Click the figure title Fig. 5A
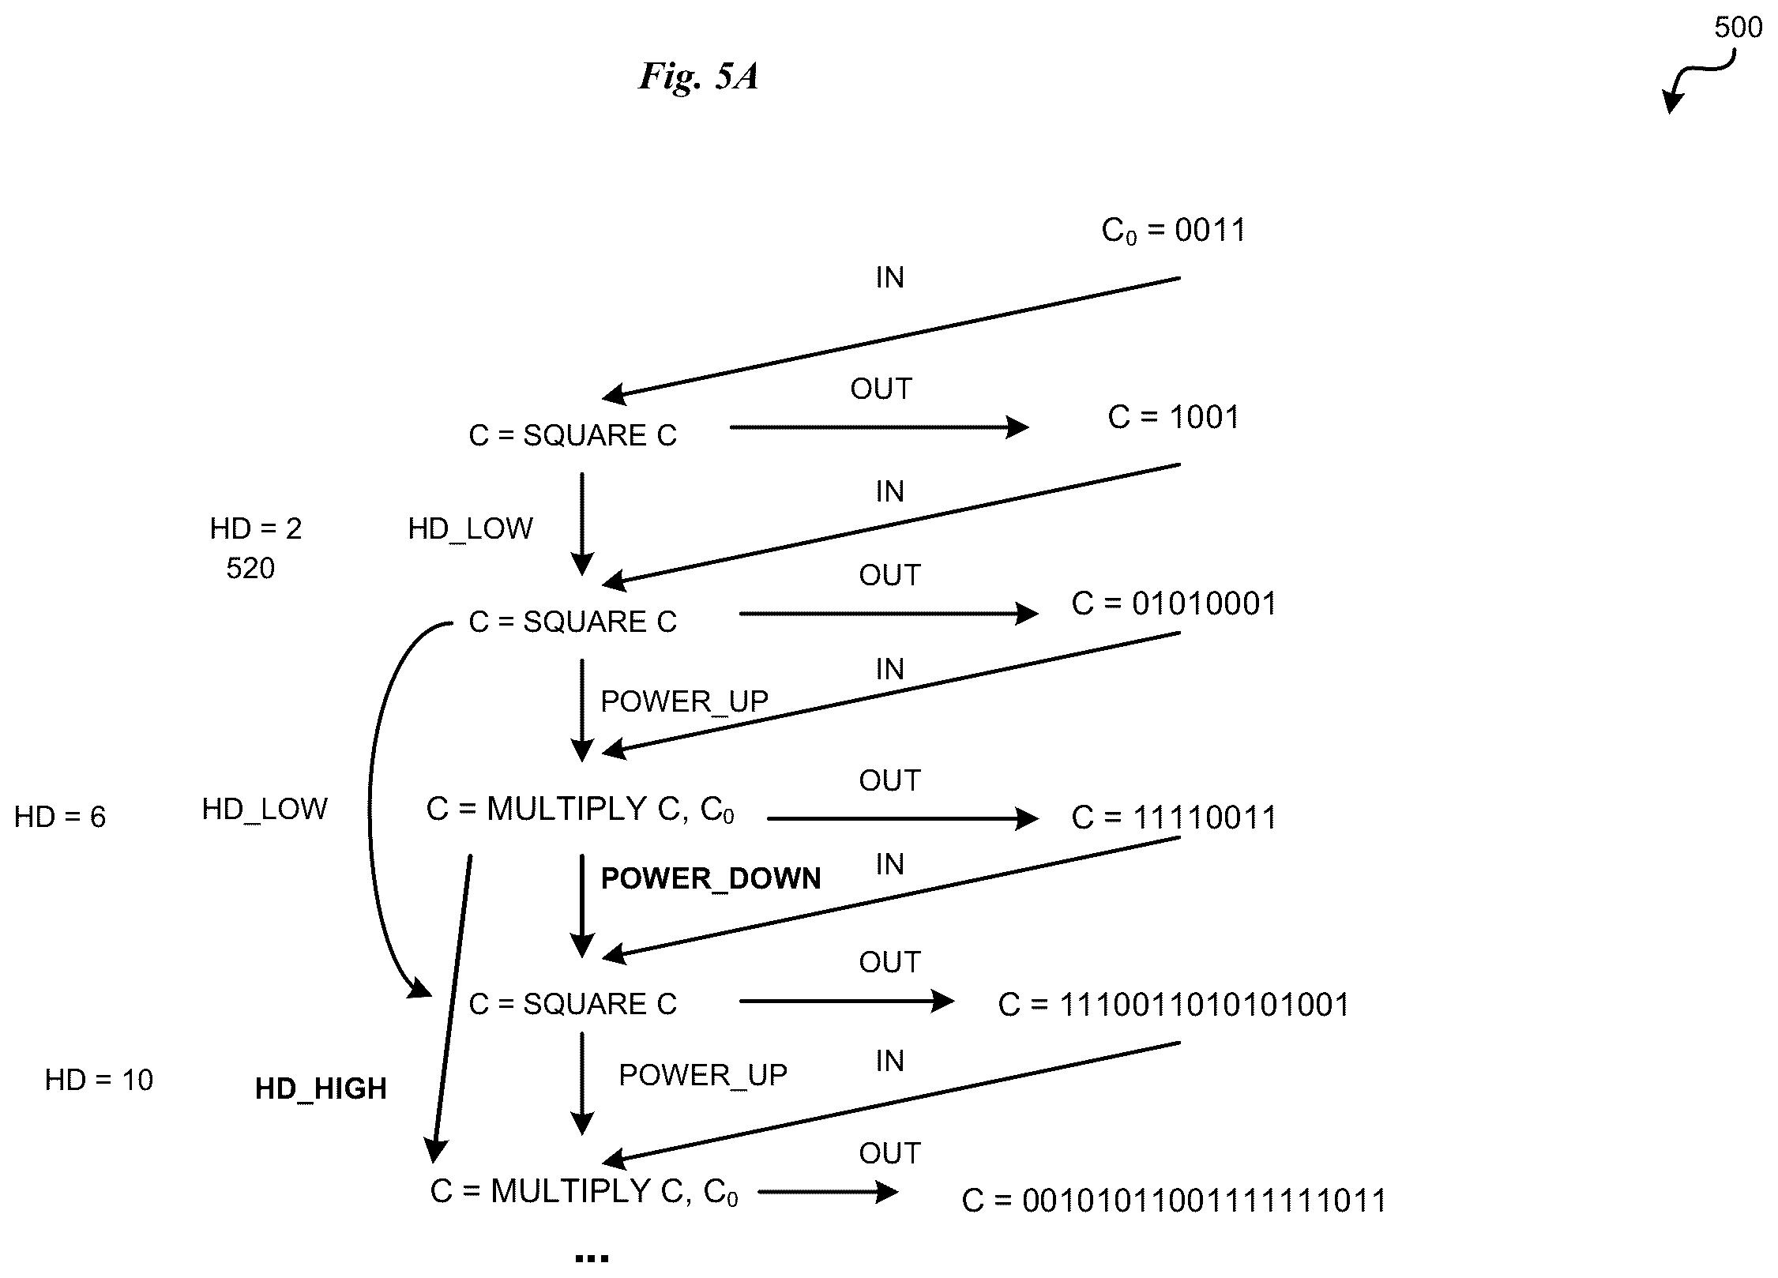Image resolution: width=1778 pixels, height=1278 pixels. tap(698, 77)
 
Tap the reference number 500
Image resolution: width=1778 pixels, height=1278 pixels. tap(1738, 28)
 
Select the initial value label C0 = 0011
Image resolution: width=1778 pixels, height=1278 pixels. tap(1173, 230)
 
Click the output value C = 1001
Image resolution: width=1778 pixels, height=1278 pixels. tap(1174, 417)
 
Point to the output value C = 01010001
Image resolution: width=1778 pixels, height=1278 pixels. tap(1174, 603)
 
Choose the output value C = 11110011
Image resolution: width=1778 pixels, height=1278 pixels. tap(1174, 818)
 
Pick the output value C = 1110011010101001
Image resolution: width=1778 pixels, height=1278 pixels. tap(1174, 1005)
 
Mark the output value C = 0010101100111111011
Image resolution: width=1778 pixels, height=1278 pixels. tap(1174, 1201)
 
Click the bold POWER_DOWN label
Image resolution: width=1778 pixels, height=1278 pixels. tap(711, 879)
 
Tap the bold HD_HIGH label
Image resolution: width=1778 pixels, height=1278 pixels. tap(321, 1089)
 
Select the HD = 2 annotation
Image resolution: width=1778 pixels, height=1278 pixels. tap(256, 528)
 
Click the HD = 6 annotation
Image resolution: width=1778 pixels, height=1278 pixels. tap(60, 817)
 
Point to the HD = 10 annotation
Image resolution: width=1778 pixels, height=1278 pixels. tap(99, 1080)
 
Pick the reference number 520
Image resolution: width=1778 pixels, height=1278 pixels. tap(250, 569)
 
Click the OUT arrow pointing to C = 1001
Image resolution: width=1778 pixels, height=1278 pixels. tap(879, 428)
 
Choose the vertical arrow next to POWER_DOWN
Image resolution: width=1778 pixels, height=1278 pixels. tap(582, 906)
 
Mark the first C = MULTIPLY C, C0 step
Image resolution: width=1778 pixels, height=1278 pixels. tap(581, 810)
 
